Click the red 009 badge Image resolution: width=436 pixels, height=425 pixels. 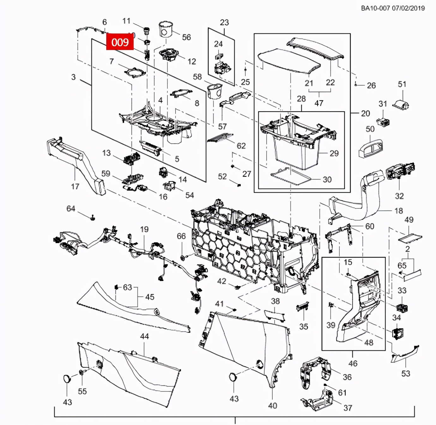tap(120, 42)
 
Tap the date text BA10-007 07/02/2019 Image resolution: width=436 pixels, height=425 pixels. tap(393, 8)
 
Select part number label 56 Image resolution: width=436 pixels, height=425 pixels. tap(186, 37)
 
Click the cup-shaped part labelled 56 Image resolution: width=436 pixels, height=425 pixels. tap(167, 29)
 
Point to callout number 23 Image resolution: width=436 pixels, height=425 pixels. tap(224, 23)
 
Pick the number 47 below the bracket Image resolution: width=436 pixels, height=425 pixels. tap(319, 103)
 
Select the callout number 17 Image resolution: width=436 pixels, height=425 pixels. tap(75, 186)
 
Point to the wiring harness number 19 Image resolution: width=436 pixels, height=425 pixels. tap(144, 229)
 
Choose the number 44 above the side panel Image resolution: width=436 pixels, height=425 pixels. tap(144, 336)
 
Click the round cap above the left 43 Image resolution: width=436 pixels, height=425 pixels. tap(67, 378)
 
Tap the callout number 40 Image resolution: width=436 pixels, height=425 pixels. tap(272, 406)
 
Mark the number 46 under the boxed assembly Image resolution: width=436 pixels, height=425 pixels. tap(353, 363)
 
